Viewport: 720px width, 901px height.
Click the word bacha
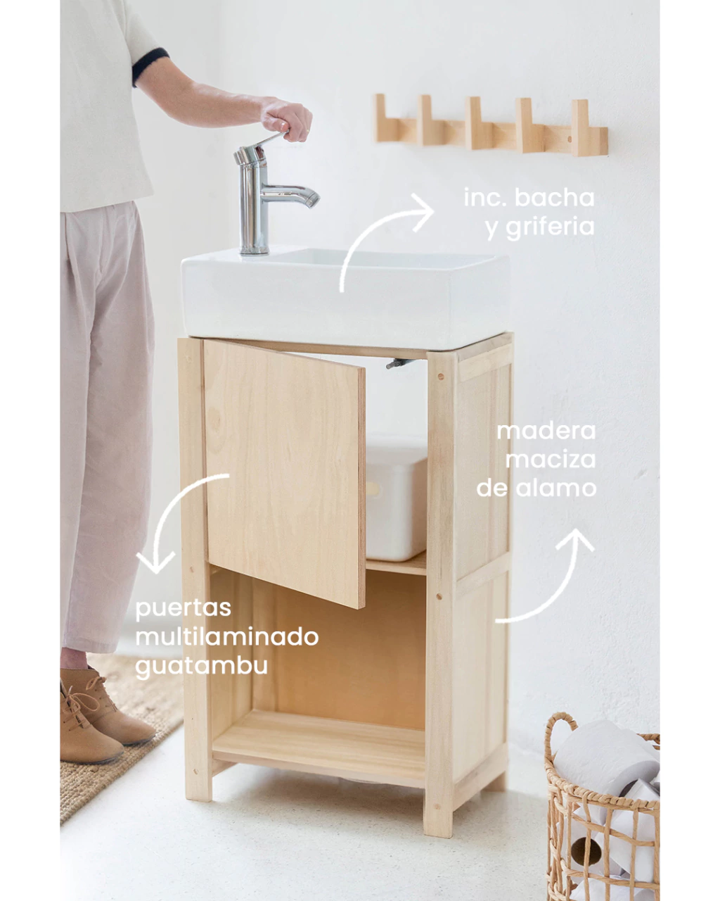click(x=554, y=198)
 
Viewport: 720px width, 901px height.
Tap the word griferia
click(x=550, y=228)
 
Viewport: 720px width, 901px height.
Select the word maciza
click(x=550, y=460)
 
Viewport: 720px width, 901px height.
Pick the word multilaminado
click(x=226, y=637)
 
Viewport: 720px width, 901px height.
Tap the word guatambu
click(x=201, y=667)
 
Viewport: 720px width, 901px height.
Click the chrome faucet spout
click(x=290, y=195)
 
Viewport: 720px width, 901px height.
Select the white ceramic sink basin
click(x=345, y=297)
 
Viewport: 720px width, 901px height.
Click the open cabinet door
click(x=285, y=472)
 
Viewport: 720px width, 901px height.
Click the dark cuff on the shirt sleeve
click(x=149, y=66)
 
